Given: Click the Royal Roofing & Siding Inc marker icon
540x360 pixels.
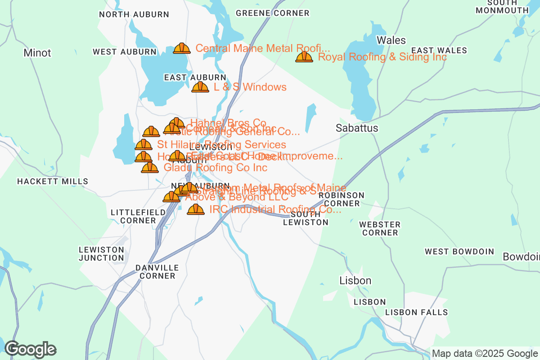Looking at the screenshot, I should [x=304, y=57].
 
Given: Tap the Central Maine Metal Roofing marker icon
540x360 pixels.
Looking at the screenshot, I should [x=182, y=48].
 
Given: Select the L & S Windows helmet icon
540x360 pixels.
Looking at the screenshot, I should [x=200, y=87].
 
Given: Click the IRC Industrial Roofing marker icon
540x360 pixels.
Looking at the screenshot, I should [x=196, y=209].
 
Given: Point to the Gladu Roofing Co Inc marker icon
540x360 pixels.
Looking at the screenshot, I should [x=150, y=167].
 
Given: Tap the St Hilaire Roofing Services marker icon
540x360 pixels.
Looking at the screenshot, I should [x=144, y=144].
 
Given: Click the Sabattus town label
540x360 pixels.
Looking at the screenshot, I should [x=357, y=128].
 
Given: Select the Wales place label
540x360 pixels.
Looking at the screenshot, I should [x=391, y=40].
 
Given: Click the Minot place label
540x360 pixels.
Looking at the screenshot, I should [x=37, y=53].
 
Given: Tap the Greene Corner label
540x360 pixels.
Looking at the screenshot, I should [x=273, y=13].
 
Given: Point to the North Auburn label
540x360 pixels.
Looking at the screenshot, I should [x=134, y=14].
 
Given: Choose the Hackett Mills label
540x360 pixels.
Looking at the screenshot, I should [x=53, y=181].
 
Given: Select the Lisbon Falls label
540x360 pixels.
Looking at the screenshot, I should [x=416, y=312].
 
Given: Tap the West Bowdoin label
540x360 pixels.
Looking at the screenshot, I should [x=459, y=252].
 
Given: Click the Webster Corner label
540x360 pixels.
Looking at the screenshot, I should [x=380, y=228].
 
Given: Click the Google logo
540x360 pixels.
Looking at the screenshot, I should [x=31, y=349].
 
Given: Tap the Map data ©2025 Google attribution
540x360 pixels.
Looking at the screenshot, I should [x=485, y=353].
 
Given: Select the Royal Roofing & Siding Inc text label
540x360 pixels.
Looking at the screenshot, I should [x=382, y=57].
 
